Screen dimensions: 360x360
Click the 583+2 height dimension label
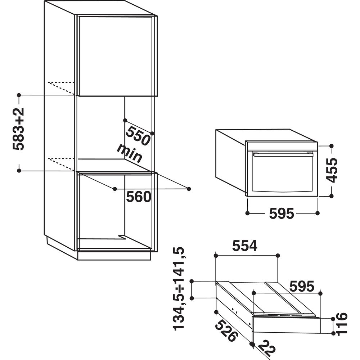(x=19, y=129)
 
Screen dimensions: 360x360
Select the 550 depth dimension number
(x=138, y=136)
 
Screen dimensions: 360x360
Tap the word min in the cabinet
(x=129, y=153)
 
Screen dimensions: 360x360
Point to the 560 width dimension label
(x=139, y=197)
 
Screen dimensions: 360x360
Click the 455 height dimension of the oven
(x=332, y=170)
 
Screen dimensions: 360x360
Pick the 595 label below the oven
(x=282, y=213)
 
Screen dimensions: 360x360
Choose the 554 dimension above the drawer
(x=245, y=246)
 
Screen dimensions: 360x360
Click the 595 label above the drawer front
(x=302, y=286)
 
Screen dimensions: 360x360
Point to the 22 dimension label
(x=267, y=350)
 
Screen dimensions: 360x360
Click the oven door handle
(x=283, y=154)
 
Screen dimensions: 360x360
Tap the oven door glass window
(x=283, y=174)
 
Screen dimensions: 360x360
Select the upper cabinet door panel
(x=116, y=56)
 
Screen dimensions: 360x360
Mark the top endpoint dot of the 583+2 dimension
(x=19, y=95)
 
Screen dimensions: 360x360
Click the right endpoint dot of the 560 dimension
(x=189, y=189)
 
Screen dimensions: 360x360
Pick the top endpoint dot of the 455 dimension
(x=331, y=146)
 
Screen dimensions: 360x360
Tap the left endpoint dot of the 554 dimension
(x=216, y=255)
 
